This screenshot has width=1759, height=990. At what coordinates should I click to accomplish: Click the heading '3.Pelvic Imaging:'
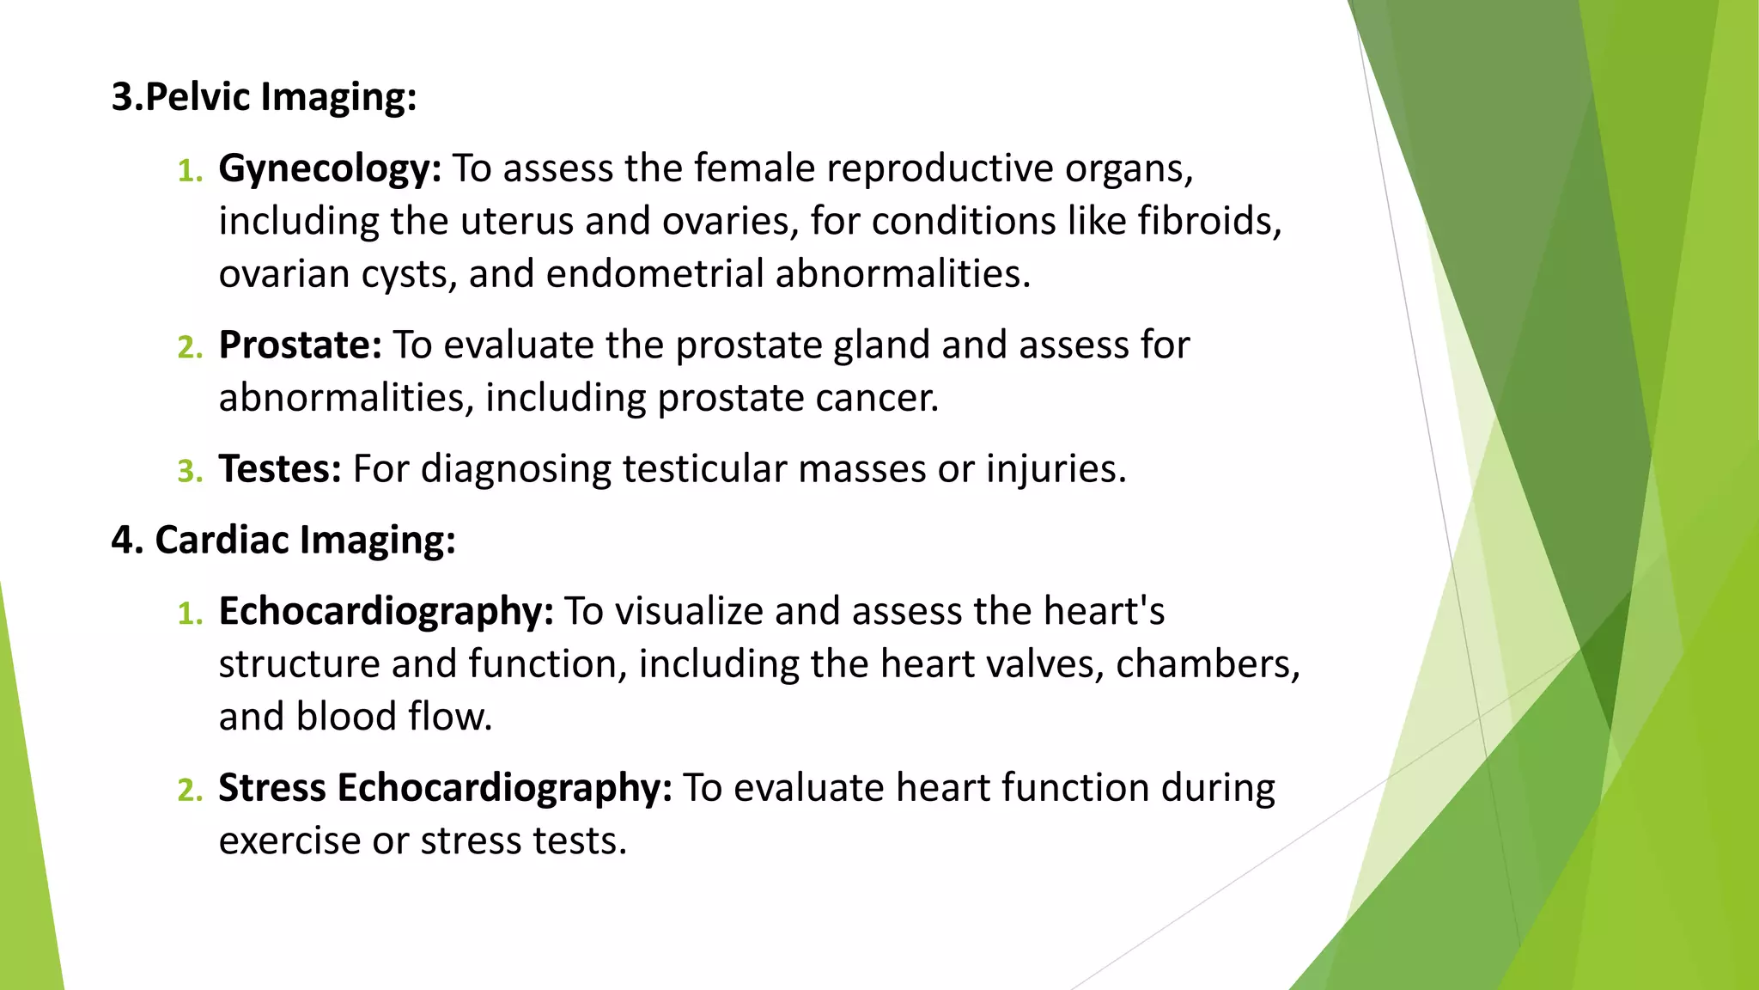tap(264, 96)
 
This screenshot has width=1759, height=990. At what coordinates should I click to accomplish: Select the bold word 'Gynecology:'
tap(330, 168)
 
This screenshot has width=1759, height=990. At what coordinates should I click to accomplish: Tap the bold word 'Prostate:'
tap(300, 345)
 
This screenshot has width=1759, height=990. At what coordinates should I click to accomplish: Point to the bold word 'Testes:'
tap(280, 469)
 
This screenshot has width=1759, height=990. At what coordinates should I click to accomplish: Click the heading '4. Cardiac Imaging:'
tap(283, 541)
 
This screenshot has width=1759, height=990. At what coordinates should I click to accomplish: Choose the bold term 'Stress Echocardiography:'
tap(445, 788)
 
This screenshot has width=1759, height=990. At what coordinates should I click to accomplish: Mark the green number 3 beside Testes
tap(189, 472)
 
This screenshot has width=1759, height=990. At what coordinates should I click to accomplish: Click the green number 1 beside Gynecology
tap(189, 171)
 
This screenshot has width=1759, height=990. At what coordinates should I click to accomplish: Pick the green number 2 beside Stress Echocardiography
tap(189, 791)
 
